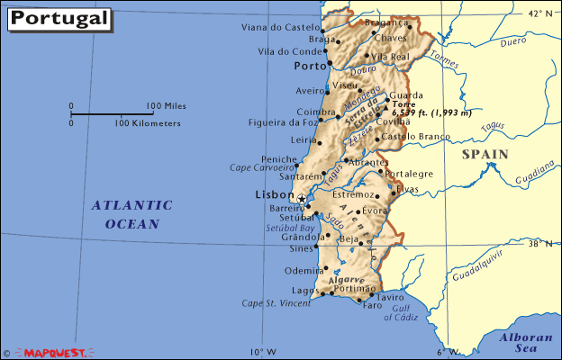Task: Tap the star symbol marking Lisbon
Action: click(x=302, y=198)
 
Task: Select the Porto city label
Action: click(x=309, y=67)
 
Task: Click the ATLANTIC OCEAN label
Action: click(x=131, y=214)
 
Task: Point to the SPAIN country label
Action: click(x=485, y=154)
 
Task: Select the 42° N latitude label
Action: click(x=539, y=13)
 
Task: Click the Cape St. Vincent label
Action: click(x=276, y=303)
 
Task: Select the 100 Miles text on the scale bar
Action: click(x=166, y=106)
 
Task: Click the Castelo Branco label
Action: click(x=414, y=137)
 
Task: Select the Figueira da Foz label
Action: click(x=282, y=122)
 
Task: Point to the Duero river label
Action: click(x=513, y=41)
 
